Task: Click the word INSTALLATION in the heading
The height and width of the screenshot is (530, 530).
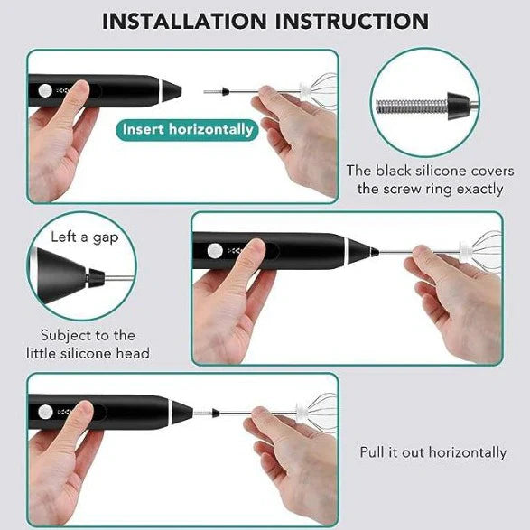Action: pyautogui.click(x=184, y=21)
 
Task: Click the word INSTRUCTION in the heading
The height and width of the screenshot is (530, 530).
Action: pyautogui.click(x=352, y=21)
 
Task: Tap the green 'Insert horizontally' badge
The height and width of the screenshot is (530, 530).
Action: pyautogui.click(x=188, y=130)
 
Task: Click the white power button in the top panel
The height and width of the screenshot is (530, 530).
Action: pyautogui.click(x=45, y=90)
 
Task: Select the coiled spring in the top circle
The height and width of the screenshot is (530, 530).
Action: pyautogui.click(x=413, y=107)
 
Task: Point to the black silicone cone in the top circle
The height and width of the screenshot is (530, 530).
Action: pyautogui.click(x=459, y=106)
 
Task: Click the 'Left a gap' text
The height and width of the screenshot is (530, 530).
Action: pyautogui.click(x=85, y=237)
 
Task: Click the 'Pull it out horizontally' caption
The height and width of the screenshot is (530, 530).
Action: pyautogui.click(x=433, y=452)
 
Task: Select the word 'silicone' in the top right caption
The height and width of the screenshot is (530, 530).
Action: pyautogui.click(x=442, y=171)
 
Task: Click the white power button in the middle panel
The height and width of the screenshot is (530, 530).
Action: pyautogui.click(x=215, y=251)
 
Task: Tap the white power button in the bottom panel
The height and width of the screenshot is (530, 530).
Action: pyautogui.click(x=45, y=412)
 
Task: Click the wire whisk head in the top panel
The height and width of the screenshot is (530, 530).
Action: pyautogui.click(x=319, y=89)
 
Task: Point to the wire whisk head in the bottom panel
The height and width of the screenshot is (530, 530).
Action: pyautogui.click(x=317, y=411)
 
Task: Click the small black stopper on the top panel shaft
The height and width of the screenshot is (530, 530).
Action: pyautogui.click(x=226, y=91)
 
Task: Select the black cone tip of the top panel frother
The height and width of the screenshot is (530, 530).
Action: pyautogui.click(x=172, y=91)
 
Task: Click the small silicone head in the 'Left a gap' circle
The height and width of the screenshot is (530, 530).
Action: pyautogui.click(x=96, y=278)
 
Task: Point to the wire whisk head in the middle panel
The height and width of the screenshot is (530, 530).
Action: pyautogui.click(x=480, y=250)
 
